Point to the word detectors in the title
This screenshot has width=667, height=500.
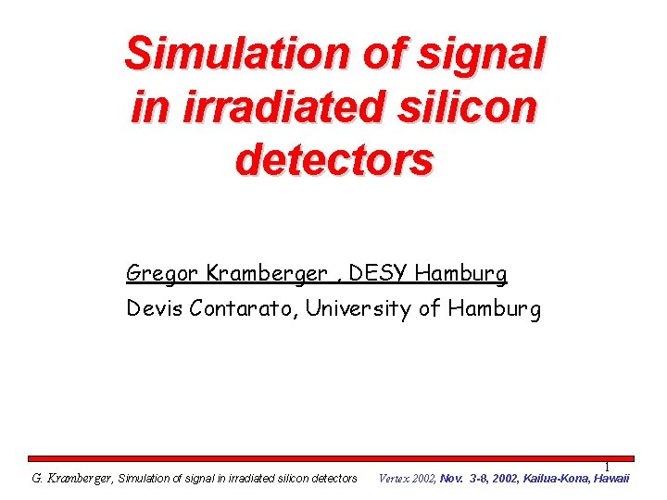pyautogui.click(x=334, y=160)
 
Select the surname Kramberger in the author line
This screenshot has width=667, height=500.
pyautogui.click(x=267, y=274)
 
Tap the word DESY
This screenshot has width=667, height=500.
pyautogui.click(x=379, y=274)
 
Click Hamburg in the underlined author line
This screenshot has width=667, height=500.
pyautogui.click(x=461, y=274)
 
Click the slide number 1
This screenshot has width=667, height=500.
pyautogui.click(x=607, y=468)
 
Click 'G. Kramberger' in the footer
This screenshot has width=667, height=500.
pyautogui.click(x=71, y=479)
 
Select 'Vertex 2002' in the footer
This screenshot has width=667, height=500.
pyautogui.click(x=408, y=479)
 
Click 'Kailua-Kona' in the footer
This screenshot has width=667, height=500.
pyautogui.click(x=552, y=479)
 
